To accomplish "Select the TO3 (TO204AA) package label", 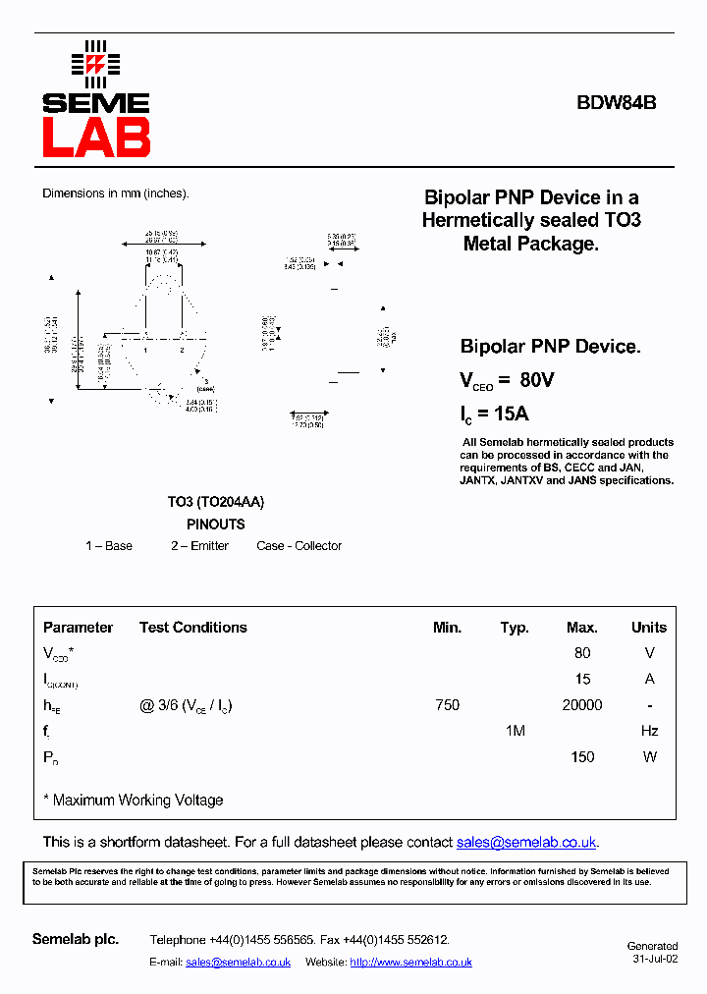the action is pos(215,502).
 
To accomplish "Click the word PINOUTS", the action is pos(215,525).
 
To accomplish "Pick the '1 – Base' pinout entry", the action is pos(109,546).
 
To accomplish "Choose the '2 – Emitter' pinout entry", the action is pos(199,546).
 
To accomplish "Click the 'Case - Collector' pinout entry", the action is pos(299,546).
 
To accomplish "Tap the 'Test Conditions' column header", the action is pos(193,628).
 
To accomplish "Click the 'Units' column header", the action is pos(649,628).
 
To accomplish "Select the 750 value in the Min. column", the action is pos(447,705).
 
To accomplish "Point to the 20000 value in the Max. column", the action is pos(582,705).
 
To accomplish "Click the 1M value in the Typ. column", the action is pos(515,731).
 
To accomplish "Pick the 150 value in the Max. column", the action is pos(582,757).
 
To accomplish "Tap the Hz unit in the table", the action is pos(649,731).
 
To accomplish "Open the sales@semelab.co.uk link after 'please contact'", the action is pos(526,843).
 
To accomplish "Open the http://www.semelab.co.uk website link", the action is pos(410,963).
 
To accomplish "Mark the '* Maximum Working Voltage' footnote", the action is pos(134,801).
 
